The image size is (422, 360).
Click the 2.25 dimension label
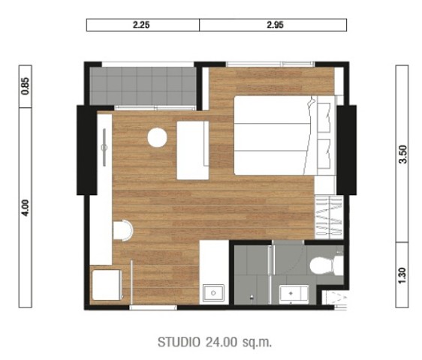click(x=141, y=25)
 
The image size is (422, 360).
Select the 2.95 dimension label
click(x=275, y=25)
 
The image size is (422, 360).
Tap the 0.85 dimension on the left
click(x=26, y=86)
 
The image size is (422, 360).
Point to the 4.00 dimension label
click(x=26, y=208)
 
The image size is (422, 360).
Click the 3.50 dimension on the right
click(x=403, y=154)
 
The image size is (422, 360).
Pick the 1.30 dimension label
click(x=402, y=275)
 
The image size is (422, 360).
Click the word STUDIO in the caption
click(x=179, y=342)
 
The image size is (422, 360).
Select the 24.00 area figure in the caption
click(x=222, y=342)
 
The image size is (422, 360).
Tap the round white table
click(x=157, y=137)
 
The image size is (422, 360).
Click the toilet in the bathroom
click(x=326, y=265)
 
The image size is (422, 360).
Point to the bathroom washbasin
click(x=294, y=294)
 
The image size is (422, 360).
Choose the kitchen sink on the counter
click(x=213, y=292)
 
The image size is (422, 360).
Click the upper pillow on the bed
click(x=324, y=118)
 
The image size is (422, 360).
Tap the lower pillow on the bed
click(x=324, y=154)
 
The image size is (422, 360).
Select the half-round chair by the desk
click(x=123, y=230)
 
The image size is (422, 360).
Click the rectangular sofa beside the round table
click(x=193, y=150)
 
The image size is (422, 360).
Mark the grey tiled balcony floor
click(x=143, y=86)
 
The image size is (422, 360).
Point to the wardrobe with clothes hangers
click(x=329, y=217)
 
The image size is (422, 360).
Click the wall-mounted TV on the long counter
click(x=104, y=147)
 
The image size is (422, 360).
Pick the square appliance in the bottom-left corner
click(x=107, y=285)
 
